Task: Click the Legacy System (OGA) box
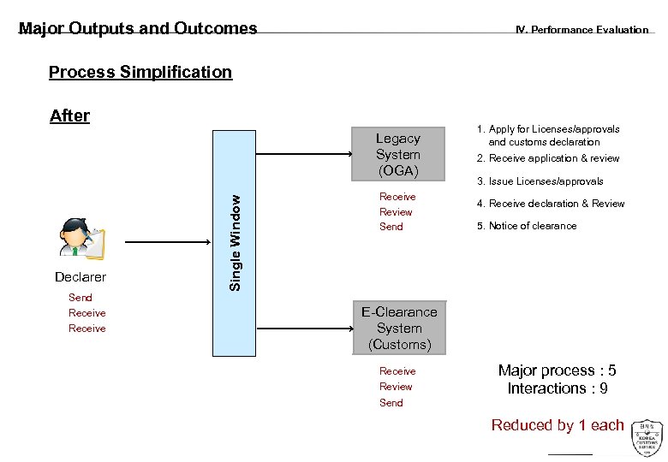coord(398,155)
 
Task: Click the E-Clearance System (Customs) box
coord(399,329)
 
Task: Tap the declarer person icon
coord(81,239)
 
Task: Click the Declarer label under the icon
coord(81,277)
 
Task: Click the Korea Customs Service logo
coord(647,438)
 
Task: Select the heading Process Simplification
coord(140,72)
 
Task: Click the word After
coord(69,115)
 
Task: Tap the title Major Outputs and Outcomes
coord(138,29)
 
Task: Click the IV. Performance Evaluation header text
coord(582,30)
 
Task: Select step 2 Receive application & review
coord(548,158)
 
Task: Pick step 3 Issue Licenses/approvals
coord(540,181)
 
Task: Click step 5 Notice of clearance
coord(527,226)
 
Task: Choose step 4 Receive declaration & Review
coord(551,204)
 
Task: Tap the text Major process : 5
coord(557,370)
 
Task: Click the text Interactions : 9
coord(558,388)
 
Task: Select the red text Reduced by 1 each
coord(558,425)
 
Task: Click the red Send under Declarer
coord(81,298)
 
